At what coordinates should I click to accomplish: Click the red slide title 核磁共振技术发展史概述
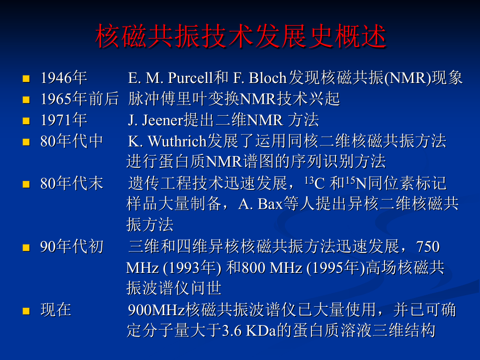tap(241, 37)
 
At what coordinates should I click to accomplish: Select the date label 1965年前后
tap(79, 99)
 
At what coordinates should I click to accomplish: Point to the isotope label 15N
tap(352, 184)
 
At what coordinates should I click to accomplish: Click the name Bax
tap(269, 204)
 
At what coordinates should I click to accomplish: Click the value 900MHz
tap(156, 310)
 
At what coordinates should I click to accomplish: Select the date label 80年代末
tap(71, 184)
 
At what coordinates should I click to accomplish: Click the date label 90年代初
tap(71, 246)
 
